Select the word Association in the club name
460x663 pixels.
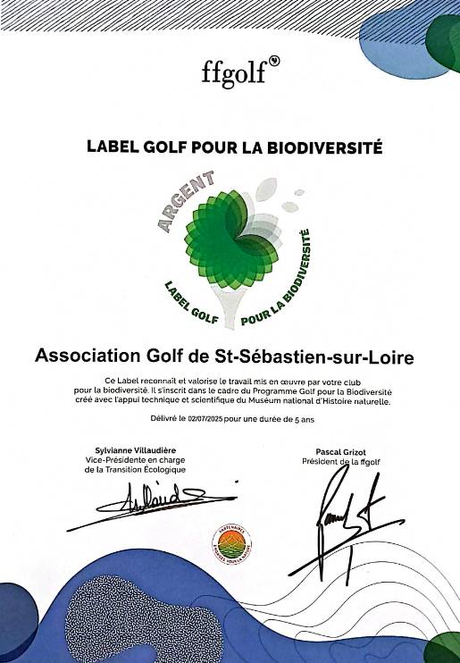tap(85, 357)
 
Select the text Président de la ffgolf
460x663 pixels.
tap(342, 462)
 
